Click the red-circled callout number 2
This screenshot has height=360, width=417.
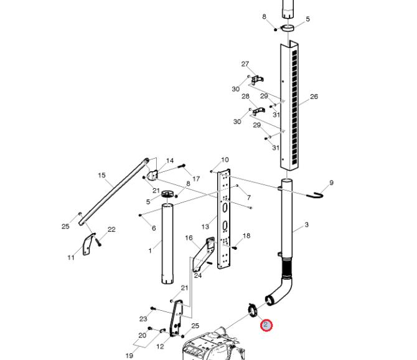pyautogui.click(x=266, y=325)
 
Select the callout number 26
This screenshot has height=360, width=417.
pyautogui.click(x=314, y=97)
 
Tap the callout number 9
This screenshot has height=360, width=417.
pyautogui.click(x=331, y=182)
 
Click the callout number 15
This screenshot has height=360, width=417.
pyautogui.click(x=101, y=175)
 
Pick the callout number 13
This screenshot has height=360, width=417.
pyautogui.click(x=205, y=227)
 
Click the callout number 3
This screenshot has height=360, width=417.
pyautogui.click(x=307, y=225)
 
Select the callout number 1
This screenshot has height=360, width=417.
pyautogui.click(x=150, y=250)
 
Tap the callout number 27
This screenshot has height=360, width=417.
pyautogui.click(x=245, y=64)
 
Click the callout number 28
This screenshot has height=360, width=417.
pyautogui.click(x=245, y=97)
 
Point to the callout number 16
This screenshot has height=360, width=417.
pyautogui.click(x=189, y=237)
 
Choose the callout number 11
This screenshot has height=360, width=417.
pyautogui.click(x=71, y=257)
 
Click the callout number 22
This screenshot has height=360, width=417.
pyautogui.click(x=111, y=229)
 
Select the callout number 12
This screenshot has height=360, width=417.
pyautogui.click(x=160, y=346)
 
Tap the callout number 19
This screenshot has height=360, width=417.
pyautogui.click(x=129, y=356)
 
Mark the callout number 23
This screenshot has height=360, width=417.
pyautogui.click(x=143, y=319)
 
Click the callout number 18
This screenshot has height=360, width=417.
pyautogui.click(x=246, y=235)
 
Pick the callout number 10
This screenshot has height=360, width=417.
pyautogui.click(x=225, y=159)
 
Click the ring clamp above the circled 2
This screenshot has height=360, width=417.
pyautogui.click(x=252, y=310)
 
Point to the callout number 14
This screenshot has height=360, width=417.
pyautogui.click(x=170, y=161)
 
